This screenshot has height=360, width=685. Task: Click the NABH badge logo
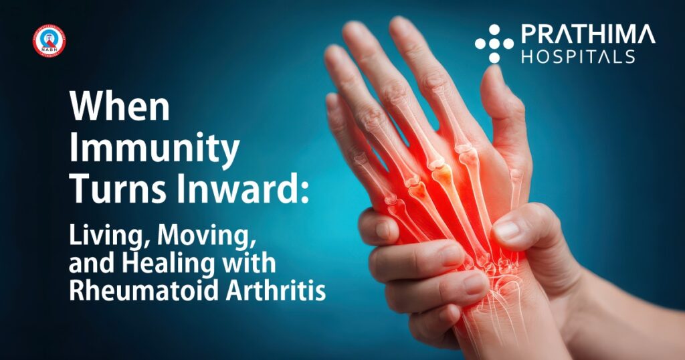pos(50,41)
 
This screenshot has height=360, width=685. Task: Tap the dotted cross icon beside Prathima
pos(494,43)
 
